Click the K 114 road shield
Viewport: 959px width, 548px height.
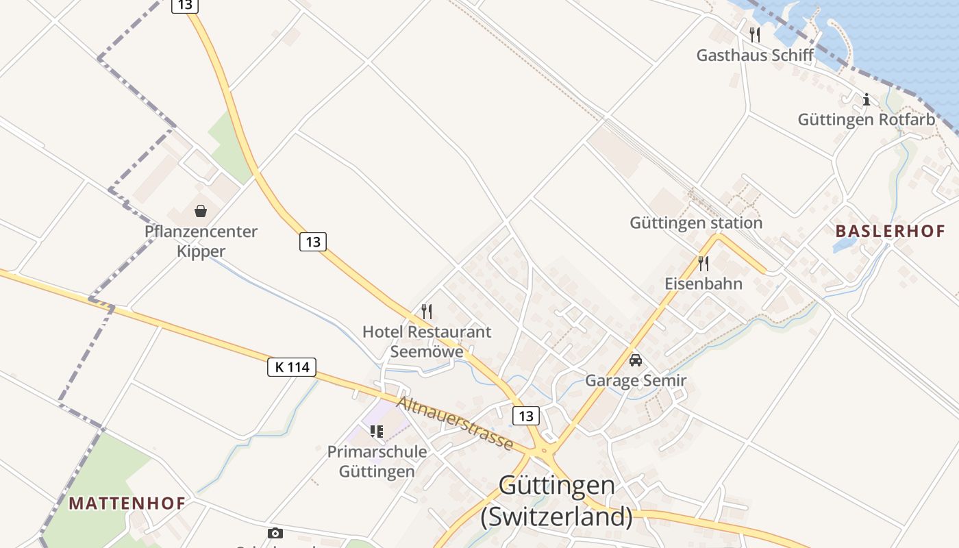click(292, 367)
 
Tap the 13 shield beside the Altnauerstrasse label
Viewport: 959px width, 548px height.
click(525, 416)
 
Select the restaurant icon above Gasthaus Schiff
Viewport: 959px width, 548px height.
click(755, 34)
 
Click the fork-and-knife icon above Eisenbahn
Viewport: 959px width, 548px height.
click(703, 263)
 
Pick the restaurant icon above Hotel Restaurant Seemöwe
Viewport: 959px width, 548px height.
click(427, 312)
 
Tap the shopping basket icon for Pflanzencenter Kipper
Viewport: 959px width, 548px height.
click(201, 211)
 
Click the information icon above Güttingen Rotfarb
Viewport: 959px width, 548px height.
click(866, 99)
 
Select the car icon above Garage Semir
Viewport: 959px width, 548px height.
click(636, 360)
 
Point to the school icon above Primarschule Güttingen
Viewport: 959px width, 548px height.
click(377, 432)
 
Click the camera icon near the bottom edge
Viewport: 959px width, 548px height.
click(275, 533)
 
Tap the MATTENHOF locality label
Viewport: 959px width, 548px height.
click(127, 503)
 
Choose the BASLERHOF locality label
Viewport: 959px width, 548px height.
click(890, 231)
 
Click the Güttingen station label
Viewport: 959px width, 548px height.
click(696, 223)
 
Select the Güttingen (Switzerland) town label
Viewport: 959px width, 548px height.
click(556, 500)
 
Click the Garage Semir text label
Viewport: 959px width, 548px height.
click(636, 380)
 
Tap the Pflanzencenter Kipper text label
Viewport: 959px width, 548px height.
click(201, 241)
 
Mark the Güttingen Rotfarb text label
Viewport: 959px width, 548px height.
click(866, 120)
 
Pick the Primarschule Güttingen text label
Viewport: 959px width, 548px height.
click(377, 462)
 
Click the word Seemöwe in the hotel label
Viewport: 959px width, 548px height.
click(427, 352)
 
